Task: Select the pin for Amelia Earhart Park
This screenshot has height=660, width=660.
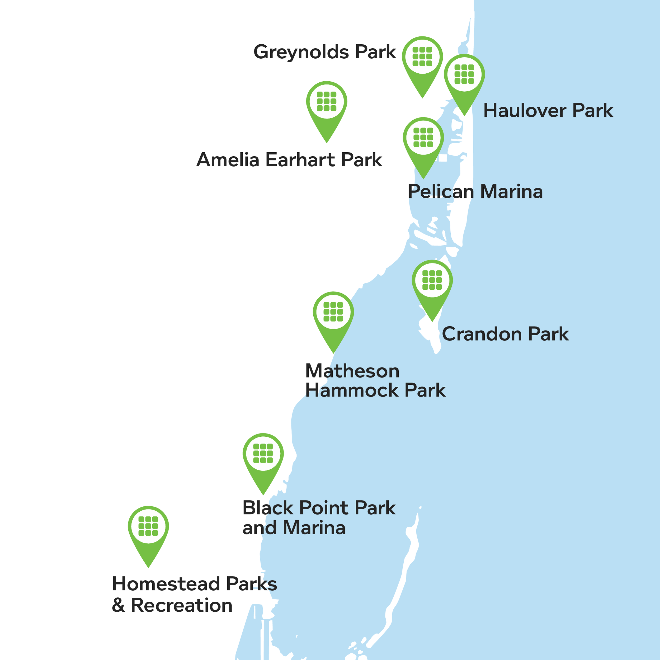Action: (327, 102)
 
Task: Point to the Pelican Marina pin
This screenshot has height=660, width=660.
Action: (423, 138)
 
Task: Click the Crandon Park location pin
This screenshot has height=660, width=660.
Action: (432, 281)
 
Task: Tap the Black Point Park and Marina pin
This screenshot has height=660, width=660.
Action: (263, 454)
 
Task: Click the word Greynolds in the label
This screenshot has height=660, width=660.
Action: (301, 52)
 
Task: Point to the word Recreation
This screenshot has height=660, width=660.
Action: (181, 605)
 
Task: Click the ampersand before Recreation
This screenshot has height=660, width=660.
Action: (118, 606)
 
